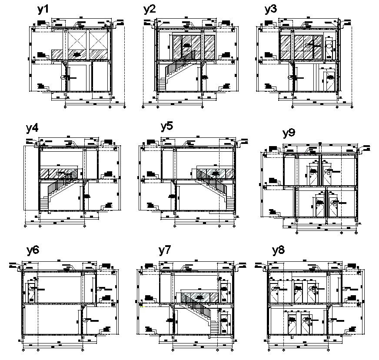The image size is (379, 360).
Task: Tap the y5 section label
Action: pyautogui.click(x=166, y=127)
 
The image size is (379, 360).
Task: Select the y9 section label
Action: pyautogui.click(x=289, y=132)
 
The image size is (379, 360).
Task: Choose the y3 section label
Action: pyautogui.click(x=271, y=10)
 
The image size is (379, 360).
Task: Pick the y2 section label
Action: pyautogui.click(x=149, y=10)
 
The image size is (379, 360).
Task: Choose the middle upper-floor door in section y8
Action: pyautogui.click(x=299, y=292)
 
